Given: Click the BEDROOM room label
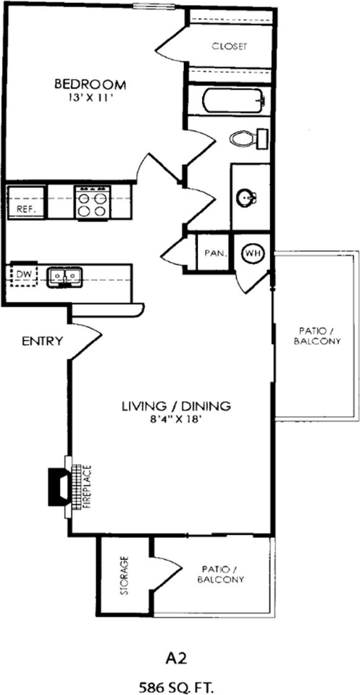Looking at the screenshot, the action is (90, 83).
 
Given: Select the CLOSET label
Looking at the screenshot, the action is (229, 46).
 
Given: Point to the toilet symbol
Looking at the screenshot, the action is (248, 138).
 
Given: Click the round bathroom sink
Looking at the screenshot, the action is (246, 198).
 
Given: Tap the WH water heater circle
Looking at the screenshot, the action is (253, 253).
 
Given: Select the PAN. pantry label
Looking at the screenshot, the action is (216, 254).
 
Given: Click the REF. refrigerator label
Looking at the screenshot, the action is (26, 210).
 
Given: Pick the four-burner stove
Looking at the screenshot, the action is (92, 202).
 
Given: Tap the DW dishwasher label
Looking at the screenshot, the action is (22, 275).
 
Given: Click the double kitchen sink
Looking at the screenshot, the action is (64, 277).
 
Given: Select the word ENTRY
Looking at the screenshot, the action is (42, 341).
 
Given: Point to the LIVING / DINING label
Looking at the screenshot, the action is (177, 405).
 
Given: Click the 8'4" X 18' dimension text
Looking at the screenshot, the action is (177, 419).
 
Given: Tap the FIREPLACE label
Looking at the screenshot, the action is (87, 486).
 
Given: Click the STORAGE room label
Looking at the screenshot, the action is (125, 575).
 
